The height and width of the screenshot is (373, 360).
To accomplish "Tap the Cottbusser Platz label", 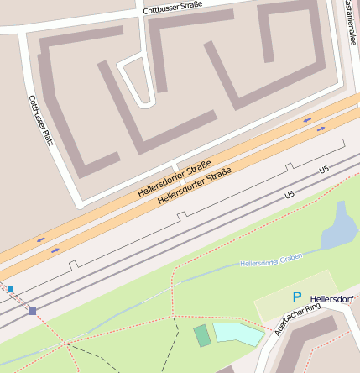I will (40, 120).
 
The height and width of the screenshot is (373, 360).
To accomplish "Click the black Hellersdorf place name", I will (332, 299).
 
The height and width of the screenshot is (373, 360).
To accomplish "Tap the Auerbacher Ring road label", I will (298, 319).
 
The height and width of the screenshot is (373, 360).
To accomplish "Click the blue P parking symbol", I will (296, 297).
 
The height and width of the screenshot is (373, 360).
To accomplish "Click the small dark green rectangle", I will (202, 336).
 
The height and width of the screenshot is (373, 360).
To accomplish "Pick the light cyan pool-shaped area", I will (238, 334).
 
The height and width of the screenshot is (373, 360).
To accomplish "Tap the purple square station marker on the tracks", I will (32, 311).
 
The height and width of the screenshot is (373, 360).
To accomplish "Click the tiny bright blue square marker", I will (11, 289).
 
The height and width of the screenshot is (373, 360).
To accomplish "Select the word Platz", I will (45, 134).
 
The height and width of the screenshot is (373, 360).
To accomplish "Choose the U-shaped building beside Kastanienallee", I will (290, 42).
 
